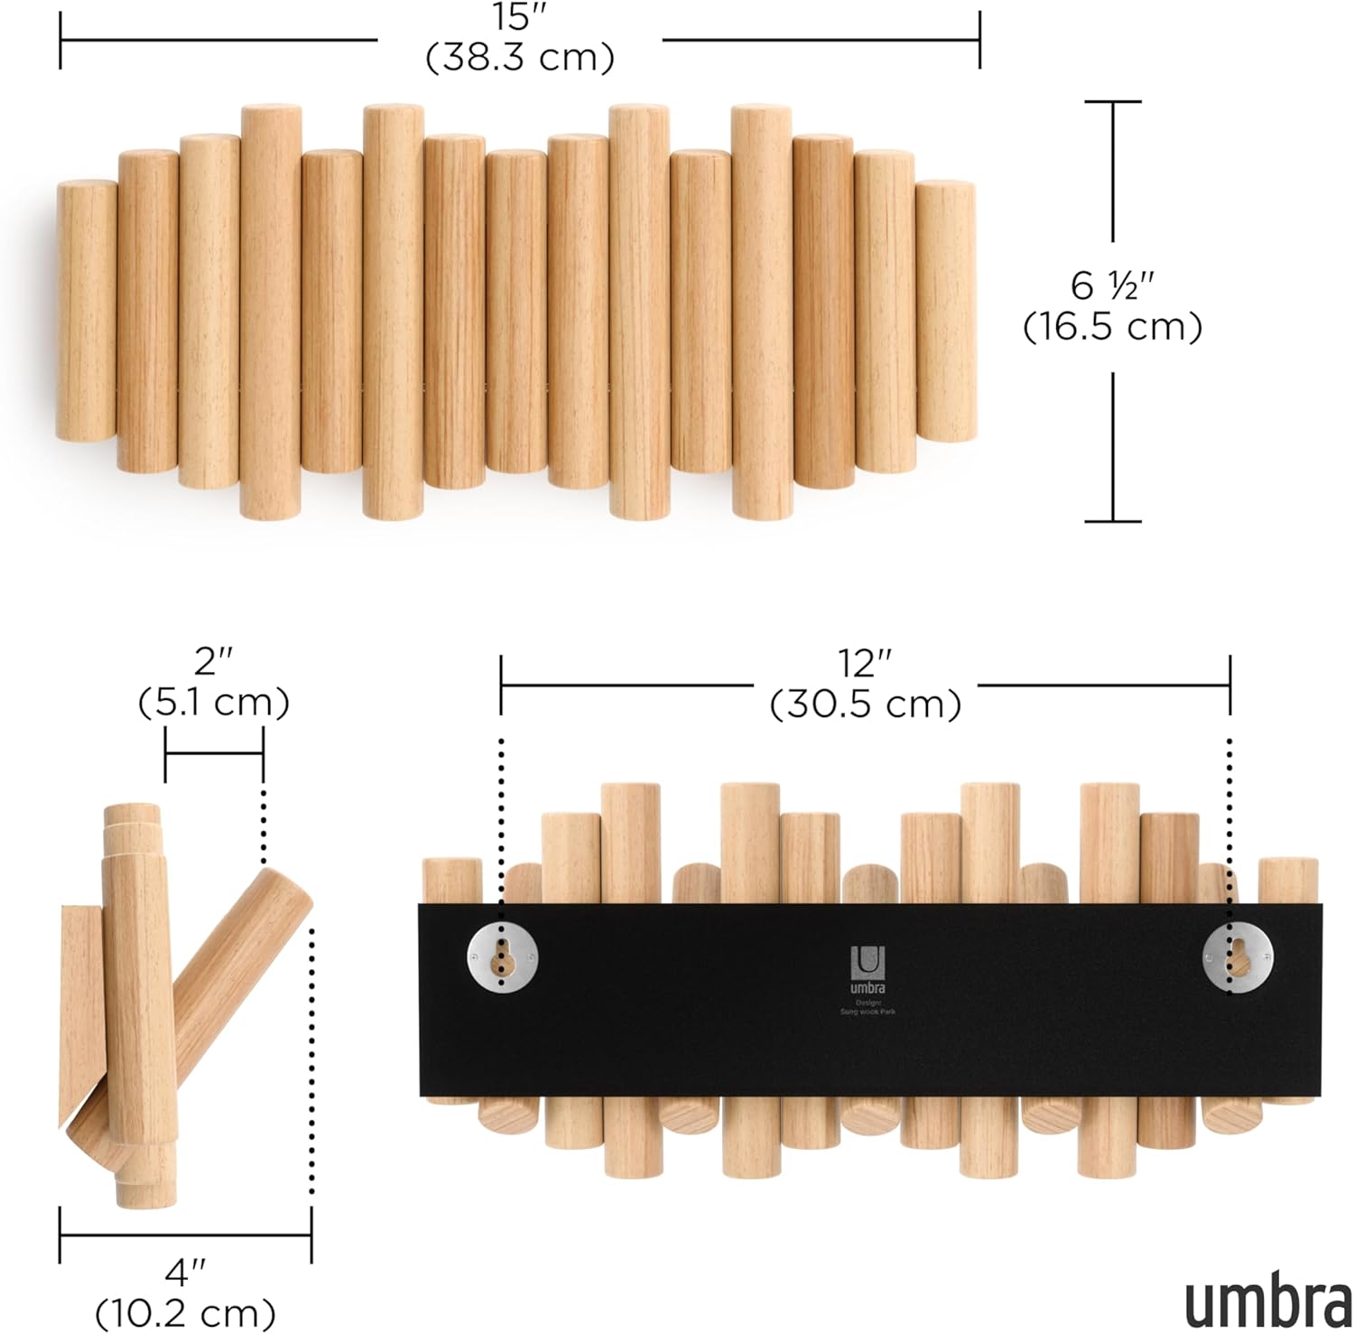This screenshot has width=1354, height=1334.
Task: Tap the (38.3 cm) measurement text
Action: [520, 58]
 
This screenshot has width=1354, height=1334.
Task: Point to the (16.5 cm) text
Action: [1112, 327]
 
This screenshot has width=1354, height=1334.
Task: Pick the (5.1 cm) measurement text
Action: [214, 703]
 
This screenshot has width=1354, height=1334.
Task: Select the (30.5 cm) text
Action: [865, 704]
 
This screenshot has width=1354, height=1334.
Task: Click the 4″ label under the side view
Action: [185, 1273]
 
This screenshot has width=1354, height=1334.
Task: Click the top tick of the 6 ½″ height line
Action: [1112, 102]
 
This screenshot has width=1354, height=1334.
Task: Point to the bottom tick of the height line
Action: [1112, 521]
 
